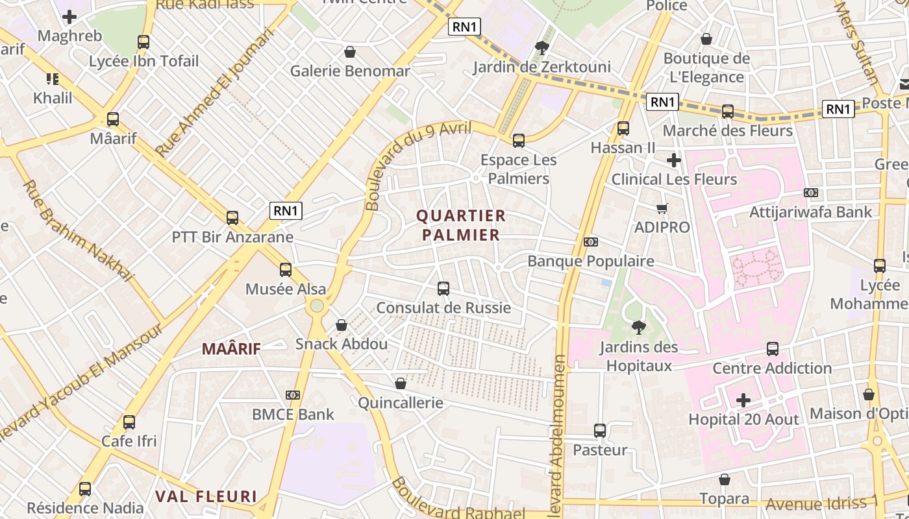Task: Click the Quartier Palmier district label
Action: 461,225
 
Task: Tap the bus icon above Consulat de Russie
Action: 443,289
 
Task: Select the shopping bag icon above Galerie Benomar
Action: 350,52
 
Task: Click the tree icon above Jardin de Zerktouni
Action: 541,47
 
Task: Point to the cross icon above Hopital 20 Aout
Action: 743,400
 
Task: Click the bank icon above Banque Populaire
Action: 591,242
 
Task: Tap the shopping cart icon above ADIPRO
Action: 662,208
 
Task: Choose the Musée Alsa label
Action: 286,289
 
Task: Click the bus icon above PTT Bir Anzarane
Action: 232,218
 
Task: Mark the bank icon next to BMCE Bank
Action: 293,395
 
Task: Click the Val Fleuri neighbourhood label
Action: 206,497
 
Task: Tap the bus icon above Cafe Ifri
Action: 129,422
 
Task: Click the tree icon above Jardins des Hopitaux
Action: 639,328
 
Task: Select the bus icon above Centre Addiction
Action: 773,349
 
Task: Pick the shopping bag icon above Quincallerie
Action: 401,383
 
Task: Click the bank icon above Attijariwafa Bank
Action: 810,193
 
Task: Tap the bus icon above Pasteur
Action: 600,431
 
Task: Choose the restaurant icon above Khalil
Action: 53,79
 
